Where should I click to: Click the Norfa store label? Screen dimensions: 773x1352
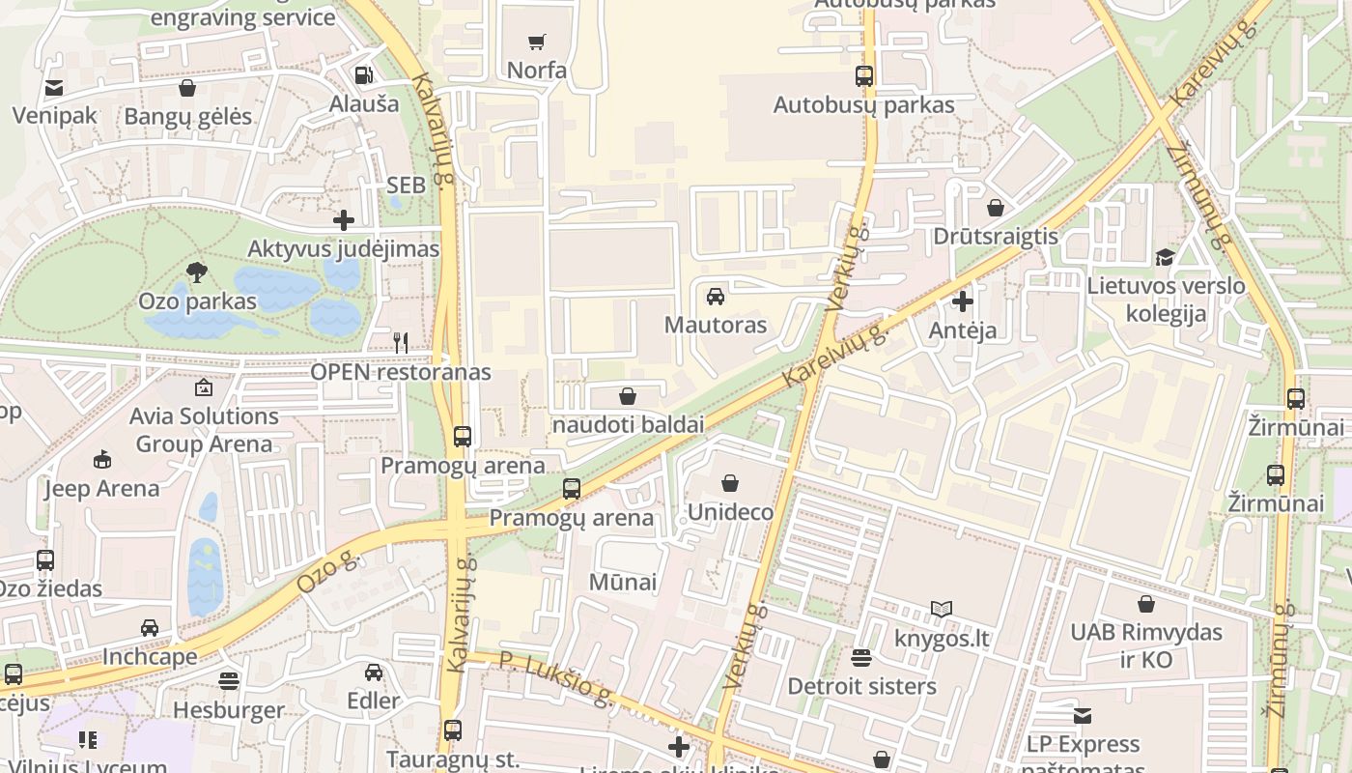(x=537, y=71)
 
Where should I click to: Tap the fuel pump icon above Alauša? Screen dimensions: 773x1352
(x=363, y=74)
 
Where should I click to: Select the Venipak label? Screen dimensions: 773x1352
(x=54, y=116)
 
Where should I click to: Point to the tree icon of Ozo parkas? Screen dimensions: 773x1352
(x=197, y=272)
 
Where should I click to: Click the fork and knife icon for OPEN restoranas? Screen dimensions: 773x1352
(x=401, y=342)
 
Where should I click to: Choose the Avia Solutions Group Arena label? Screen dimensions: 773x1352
(x=204, y=430)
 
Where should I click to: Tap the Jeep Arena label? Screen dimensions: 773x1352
(x=101, y=488)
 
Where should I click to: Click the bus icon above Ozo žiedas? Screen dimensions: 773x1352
(x=44, y=559)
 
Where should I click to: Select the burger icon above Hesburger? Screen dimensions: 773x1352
(x=228, y=681)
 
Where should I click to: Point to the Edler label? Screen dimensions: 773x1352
(x=373, y=701)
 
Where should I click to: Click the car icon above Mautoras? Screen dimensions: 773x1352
(x=716, y=296)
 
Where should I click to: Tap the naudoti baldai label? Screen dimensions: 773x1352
(x=628, y=424)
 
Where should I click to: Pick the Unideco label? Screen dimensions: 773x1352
(x=730, y=512)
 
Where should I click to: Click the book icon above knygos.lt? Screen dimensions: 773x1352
(x=941, y=609)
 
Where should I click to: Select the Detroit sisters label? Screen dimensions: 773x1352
(x=861, y=686)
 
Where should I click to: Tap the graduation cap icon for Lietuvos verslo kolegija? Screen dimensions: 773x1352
(x=1165, y=257)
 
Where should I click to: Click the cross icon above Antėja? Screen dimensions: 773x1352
(x=963, y=301)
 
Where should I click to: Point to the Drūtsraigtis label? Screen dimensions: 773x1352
(x=996, y=237)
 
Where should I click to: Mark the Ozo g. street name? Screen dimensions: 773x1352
(x=327, y=572)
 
